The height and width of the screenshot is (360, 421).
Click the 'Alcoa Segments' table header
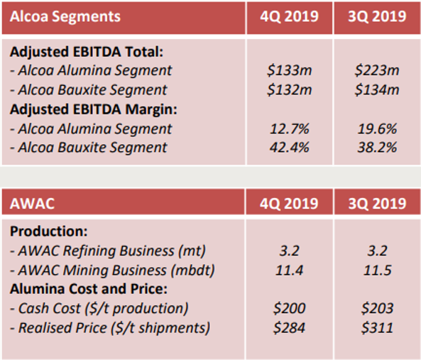pos(65,16)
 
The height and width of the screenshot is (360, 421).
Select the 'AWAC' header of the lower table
pos(32,203)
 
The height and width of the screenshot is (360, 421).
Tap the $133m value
pos(289,70)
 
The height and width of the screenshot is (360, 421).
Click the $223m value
pos(377,70)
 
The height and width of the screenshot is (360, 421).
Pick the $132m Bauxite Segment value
pos(289,89)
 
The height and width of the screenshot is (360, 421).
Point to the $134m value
pos(377,89)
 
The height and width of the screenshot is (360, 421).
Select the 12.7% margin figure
pos(289,129)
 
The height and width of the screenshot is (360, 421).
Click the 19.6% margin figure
pos(377,129)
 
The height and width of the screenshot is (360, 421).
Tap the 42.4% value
pos(289,148)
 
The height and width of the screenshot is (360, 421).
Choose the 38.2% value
pos(377,148)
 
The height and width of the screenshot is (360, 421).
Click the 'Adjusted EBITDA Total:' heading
pos(87,52)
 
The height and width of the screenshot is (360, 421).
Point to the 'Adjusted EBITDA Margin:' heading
pos(94,109)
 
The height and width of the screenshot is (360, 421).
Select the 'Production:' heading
pos(48,231)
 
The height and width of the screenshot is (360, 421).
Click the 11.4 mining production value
pos(289,270)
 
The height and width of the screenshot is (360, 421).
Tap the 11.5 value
pos(377,270)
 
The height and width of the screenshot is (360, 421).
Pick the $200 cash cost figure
pos(289,308)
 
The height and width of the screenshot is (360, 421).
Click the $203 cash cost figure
pos(377,308)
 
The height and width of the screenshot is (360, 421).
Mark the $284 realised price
pos(289,327)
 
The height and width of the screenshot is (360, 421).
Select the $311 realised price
pos(377,327)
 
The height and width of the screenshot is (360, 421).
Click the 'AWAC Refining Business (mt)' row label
pos(108,251)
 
